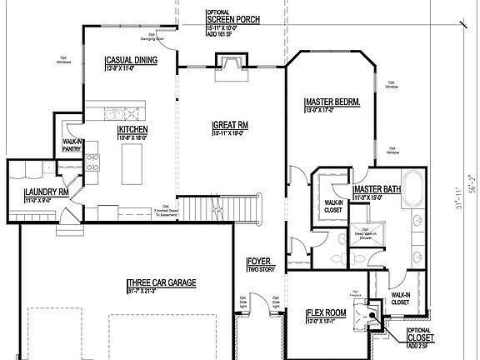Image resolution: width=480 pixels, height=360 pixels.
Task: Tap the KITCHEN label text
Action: click(x=133, y=131)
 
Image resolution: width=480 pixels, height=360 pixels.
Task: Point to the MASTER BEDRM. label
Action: click(x=332, y=102)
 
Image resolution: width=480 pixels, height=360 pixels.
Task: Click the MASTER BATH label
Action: click(x=378, y=191)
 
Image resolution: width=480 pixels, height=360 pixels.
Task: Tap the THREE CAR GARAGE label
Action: click(x=162, y=283)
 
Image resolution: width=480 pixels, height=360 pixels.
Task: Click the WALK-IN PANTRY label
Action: click(x=72, y=146)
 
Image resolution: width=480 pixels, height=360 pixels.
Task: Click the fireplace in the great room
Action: click(x=230, y=63)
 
